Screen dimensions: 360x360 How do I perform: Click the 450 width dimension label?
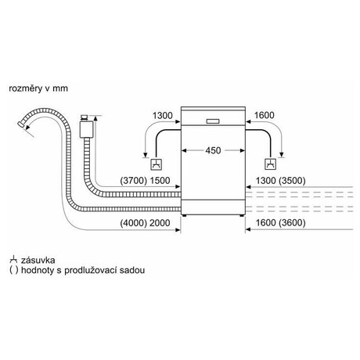tap(213, 150)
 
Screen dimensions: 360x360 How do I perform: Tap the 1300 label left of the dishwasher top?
tap(163, 115)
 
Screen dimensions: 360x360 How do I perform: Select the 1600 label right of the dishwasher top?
tap(264, 115)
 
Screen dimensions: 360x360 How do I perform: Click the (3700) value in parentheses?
tap(134, 181)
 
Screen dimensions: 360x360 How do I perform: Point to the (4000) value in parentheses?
tap(134, 223)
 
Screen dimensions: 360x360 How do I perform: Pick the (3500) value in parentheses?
tap(292, 181)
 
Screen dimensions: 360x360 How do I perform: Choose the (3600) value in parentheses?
tap(292, 223)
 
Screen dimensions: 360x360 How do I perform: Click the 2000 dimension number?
tap(160, 223)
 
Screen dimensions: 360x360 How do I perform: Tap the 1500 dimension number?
tap(160, 181)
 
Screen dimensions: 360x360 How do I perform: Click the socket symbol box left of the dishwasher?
tap(157, 164)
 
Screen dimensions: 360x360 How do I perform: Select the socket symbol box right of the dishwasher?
tap(270, 164)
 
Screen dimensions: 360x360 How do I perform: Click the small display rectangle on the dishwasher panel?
tap(213, 121)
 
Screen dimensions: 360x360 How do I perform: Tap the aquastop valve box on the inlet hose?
tap(86, 129)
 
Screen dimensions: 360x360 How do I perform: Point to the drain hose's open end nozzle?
tap(21, 124)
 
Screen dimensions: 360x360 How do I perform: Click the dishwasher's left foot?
tap(185, 215)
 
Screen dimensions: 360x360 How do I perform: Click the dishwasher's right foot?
tap(242, 215)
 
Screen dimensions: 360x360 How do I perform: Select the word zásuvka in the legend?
tap(38, 260)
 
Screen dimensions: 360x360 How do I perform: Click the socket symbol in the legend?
tap(13, 260)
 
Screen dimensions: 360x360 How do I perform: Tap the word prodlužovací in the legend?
tap(91, 270)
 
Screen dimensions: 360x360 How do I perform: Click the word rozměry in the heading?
tap(26, 88)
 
